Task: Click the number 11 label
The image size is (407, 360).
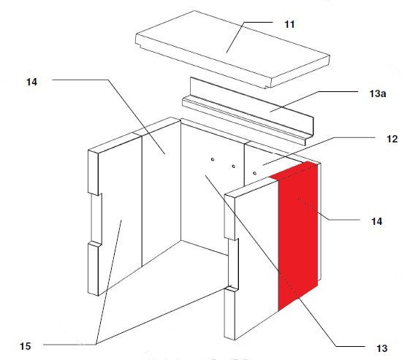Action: tap(289, 24)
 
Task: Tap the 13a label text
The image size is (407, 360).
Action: tap(378, 93)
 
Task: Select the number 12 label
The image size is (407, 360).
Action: tap(392, 139)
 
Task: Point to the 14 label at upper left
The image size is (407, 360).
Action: tap(31, 82)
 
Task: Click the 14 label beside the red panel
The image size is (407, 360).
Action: tap(376, 221)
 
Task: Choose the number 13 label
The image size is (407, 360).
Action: tap(381, 348)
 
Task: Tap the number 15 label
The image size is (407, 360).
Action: tap(25, 346)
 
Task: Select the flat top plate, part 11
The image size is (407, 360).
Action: tap(232, 49)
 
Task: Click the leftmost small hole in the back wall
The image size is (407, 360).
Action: tap(213, 159)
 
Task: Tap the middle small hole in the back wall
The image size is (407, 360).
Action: tap(234, 166)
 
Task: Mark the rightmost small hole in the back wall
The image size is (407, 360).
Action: tap(254, 173)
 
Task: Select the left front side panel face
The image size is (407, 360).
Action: tap(120, 215)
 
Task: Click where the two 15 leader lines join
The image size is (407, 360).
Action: tap(96, 344)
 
